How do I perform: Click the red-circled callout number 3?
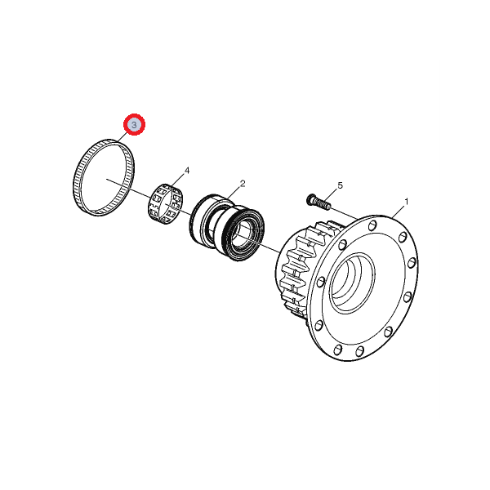(x=134, y=125)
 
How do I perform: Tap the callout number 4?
(x=187, y=171)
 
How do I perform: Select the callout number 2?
(x=243, y=184)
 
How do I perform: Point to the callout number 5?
(x=341, y=185)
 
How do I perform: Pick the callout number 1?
(x=406, y=202)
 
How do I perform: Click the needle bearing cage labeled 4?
(x=165, y=203)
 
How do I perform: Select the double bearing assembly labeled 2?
(x=227, y=227)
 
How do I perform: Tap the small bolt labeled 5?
(x=318, y=202)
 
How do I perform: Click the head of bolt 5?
(x=310, y=198)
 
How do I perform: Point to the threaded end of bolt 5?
(x=323, y=205)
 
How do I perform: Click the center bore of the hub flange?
(x=352, y=282)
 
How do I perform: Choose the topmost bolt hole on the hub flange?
(x=372, y=225)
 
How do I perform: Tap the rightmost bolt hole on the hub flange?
(x=412, y=262)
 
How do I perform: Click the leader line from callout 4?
(x=177, y=180)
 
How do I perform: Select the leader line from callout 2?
(x=234, y=193)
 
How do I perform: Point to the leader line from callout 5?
(x=332, y=194)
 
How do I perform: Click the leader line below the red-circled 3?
(x=122, y=138)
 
